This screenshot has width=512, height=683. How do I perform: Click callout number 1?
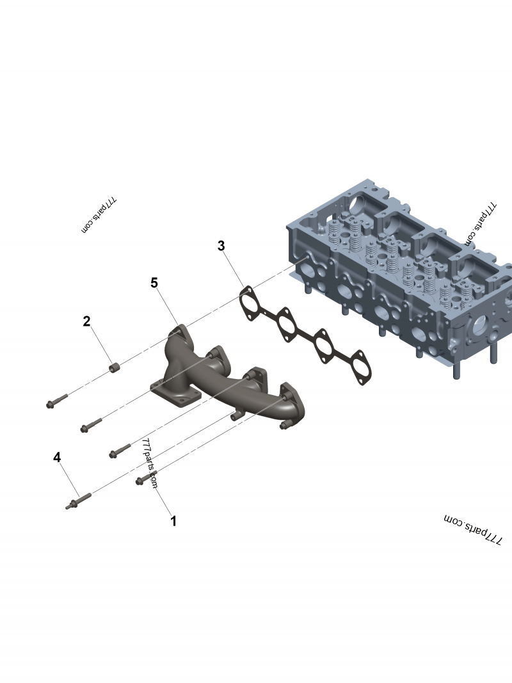coord(173,521)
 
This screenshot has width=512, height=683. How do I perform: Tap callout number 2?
coord(86,321)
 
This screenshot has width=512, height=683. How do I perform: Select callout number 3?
coord(221,246)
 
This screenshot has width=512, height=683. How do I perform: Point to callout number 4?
coord(57,458)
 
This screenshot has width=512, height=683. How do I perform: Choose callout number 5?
coord(154,283)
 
